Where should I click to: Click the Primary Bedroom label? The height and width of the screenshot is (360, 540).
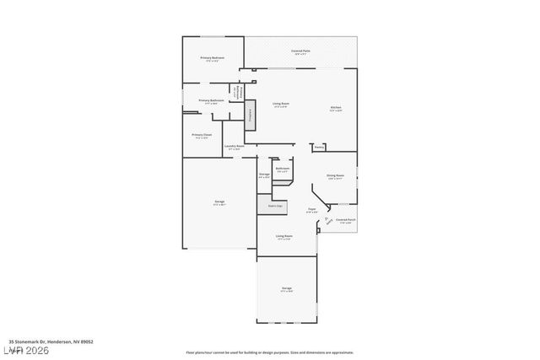tap(211, 58)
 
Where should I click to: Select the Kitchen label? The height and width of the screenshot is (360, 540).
tap(336, 106)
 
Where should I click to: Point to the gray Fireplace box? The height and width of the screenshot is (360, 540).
tap(250, 114)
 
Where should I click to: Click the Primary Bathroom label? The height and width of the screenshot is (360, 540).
tap(211, 100)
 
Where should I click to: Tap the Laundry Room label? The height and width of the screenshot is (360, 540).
tap(235, 147)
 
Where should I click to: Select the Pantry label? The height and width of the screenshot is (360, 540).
tap(319, 147)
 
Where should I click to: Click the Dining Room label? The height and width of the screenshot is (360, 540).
tap(335, 175)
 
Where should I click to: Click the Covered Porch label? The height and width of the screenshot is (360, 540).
tap(344, 220)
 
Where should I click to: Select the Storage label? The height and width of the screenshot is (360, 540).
tap(264, 175)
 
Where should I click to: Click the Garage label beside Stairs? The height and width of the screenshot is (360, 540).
tap(219, 202)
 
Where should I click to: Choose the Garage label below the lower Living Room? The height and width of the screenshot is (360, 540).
tap(286, 288)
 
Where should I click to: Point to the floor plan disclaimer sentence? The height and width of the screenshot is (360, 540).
tap(270, 352)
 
